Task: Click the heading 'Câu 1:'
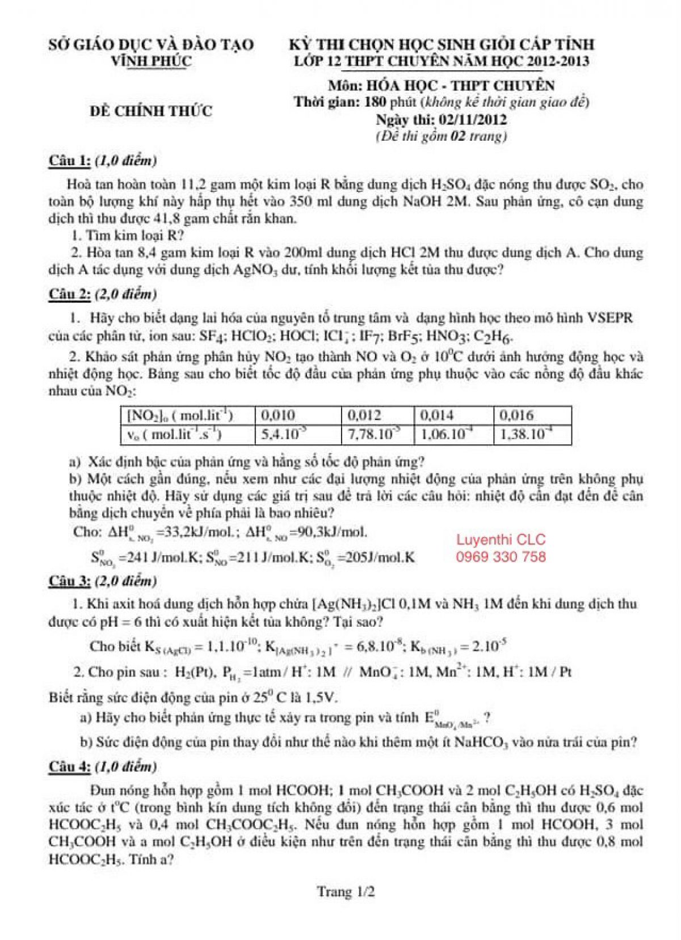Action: click(69, 161)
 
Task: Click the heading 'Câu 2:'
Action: click(69, 294)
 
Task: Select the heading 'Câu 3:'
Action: click(69, 581)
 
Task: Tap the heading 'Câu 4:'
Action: click(69, 766)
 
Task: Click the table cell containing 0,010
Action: click(278, 415)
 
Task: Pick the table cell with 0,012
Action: click(364, 415)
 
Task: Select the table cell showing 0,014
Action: click(437, 415)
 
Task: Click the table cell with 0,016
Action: click(516, 415)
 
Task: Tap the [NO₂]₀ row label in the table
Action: click(180, 415)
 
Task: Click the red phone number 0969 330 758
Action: click(501, 556)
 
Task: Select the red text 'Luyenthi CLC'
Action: click(501, 539)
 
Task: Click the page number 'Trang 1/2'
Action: click(346, 892)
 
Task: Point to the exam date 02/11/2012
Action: click(473, 120)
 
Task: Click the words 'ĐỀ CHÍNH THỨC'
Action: click(151, 111)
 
